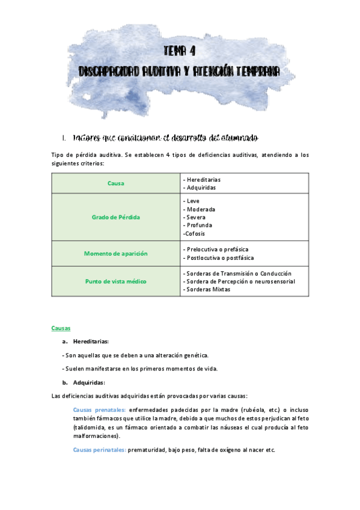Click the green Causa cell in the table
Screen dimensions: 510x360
coord(116,183)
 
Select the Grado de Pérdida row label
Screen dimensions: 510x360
coord(116,217)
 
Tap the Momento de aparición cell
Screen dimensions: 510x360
coord(116,254)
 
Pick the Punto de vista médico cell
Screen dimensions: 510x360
coord(116,281)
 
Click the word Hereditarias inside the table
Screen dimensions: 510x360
coord(204,180)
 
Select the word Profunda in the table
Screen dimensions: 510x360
coord(199,225)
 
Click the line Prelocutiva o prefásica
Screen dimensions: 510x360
coord(218,249)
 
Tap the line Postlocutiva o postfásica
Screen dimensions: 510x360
coord(220,257)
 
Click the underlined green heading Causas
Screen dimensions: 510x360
coord(61,328)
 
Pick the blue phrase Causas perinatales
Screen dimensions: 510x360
coord(99,450)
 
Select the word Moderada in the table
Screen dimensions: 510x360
coord(201,209)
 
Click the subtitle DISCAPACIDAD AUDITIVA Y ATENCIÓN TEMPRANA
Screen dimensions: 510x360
coord(180,72)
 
